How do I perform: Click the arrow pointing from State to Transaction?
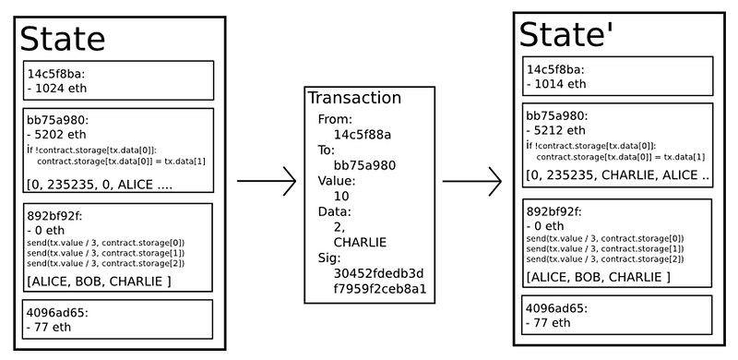pyautogui.click(x=267, y=181)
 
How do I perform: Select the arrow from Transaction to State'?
pyautogui.click(x=472, y=181)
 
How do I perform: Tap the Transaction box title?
pyautogui.click(x=354, y=98)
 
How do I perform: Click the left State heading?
pyautogui.click(x=63, y=39)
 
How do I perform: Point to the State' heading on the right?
pyautogui.click(x=566, y=34)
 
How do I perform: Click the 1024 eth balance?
pyautogui.click(x=57, y=88)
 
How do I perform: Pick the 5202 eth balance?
pyautogui.click(x=57, y=134)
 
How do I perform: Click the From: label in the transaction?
pyautogui.click(x=335, y=119)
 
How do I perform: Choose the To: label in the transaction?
pyautogui.click(x=327, y=150)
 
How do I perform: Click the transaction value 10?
pyautogui.click(x=341, y=196)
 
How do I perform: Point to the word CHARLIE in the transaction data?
pyautogui.click(x=360, y=242)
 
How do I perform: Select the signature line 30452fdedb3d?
pyautogui.click(x=379, y=273)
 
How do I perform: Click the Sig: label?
pyautogui.click(x=329, y=258)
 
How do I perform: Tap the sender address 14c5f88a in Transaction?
pyautogui.click(x=363, y=135)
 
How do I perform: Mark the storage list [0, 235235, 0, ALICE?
pyautogui.click(x=100, y=185)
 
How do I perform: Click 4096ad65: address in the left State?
pyautogui.click(x=58, y=312)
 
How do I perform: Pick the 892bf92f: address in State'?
pyautogui.click(x=553, y=211)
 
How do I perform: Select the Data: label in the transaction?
pyautogui.click(x=335, y=211)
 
